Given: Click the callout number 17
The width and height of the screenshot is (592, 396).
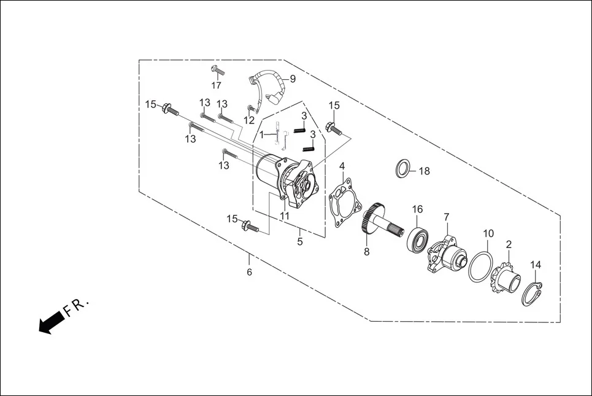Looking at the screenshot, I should [x=217, y=85].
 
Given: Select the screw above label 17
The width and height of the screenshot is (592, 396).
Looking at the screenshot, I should [x=215, y=70].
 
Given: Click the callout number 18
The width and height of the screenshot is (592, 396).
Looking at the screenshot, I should [x=424, y=171].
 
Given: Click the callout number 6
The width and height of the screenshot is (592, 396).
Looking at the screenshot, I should [x=249, y=271].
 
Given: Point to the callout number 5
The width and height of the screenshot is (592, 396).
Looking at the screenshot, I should [x=300, y=241].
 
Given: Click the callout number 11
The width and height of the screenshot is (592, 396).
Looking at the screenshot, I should [x=285, y=216].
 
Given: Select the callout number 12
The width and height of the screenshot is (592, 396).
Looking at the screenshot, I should [x=249, y=120].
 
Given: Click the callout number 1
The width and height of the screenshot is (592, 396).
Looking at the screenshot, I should [x=261, y=134].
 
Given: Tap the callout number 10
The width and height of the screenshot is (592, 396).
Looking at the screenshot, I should [x=488, y=233].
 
